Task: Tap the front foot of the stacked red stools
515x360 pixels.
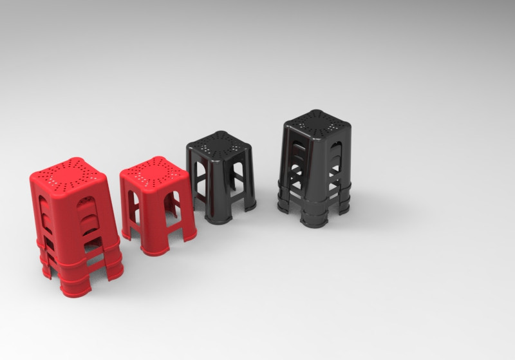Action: [x=75, y=289]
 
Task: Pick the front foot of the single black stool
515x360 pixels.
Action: [x=218, y=218]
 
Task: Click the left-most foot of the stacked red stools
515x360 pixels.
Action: [x=46, y=270]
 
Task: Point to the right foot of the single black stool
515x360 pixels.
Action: [x=250, y=205]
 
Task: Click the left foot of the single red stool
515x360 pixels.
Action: [x=126, y=232]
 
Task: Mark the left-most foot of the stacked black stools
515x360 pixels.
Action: [x=284, y=206]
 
